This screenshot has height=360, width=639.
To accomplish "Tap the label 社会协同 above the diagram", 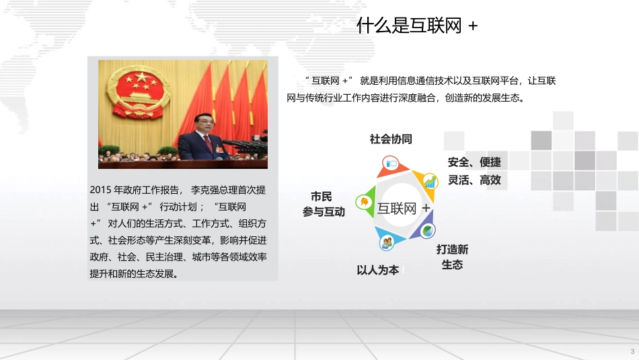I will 391,139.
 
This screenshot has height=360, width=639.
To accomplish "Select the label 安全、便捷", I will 474,162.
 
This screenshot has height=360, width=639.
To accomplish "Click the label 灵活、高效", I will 474,180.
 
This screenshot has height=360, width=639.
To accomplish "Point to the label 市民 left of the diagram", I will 321,196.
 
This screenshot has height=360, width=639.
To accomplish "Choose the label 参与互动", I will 324,212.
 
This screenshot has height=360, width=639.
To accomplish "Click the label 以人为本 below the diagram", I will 377,270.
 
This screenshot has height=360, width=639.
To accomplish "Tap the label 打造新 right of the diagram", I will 452,249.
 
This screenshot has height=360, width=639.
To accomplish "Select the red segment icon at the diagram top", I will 391,164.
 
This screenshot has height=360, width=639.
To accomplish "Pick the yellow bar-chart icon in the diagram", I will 428,181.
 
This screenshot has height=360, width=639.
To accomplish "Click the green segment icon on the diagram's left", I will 364,201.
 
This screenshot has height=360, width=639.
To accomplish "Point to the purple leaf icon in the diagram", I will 427,230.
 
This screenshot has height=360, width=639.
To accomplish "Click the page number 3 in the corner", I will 632,352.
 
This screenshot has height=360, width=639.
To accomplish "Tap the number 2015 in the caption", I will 99,189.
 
